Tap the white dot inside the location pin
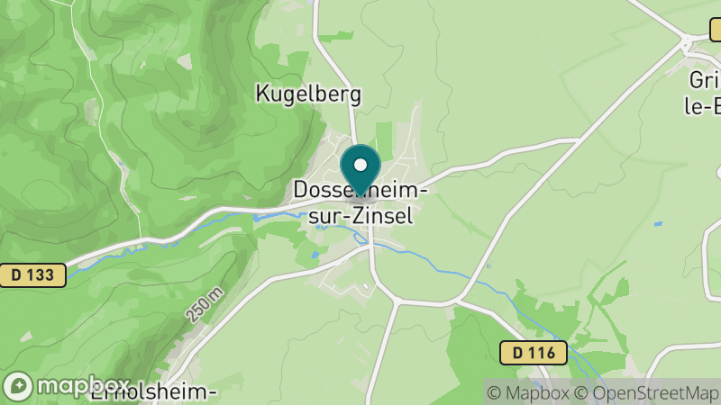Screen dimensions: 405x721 (360, 165)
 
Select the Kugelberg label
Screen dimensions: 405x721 (308, 93)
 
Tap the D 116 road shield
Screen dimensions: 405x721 (534, 352)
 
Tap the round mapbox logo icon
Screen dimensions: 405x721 (17, 386)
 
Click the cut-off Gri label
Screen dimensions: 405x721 (703, 78)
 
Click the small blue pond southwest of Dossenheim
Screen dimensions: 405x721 (315, 256)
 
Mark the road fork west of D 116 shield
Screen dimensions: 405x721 (461, 300)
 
